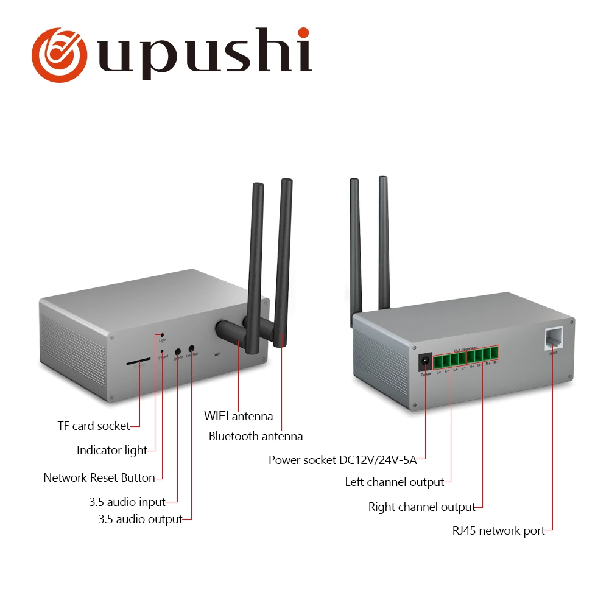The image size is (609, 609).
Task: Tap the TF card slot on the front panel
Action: pyautogui.click(x=139, y=363)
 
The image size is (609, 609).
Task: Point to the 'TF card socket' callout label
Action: pyautogui.click(x=94, y=426)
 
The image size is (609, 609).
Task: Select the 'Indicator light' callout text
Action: pyautogui.click(x=111, y=451)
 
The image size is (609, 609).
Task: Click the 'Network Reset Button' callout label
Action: pyautogui.click(x=99, y=477)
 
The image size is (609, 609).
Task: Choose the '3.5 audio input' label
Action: pyautogui.click(x=127, y=502)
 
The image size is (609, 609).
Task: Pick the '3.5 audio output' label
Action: pyautogui.click(x=140, y=519)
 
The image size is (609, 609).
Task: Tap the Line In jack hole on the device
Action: pyautogui.click(x=177, y=351)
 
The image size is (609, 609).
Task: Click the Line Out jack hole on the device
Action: pyautogui.click(x=191, y=349)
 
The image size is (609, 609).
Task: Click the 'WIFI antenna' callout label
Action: pyautogui.click(x=238, y=417)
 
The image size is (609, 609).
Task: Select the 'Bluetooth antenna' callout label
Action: pyautogui.click(x=255, y=436)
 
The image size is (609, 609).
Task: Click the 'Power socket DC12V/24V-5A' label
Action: pyautogui.click(x=342, y=460)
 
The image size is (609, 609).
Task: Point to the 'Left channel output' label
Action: pyautogui.click(x=394, y=482)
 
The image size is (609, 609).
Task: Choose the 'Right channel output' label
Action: pyautogui.click(x=421, y=507)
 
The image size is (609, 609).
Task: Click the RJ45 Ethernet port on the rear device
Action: pyautogui.click(x=553, y=338)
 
